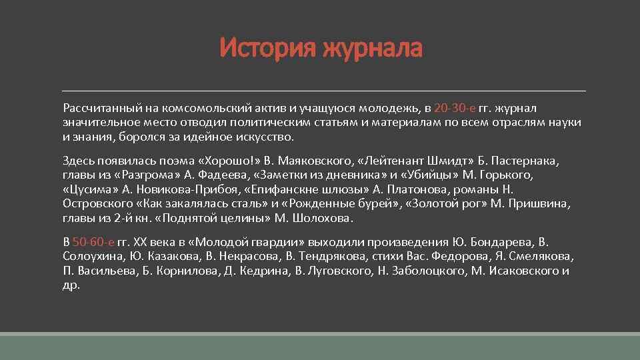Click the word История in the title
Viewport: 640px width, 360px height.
pos(268,48)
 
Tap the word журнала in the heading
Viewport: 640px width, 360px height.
pos(373,48)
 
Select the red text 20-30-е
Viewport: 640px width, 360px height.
pos(455,108)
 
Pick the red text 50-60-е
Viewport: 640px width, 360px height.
pos(93,241)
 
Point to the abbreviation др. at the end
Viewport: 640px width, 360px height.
pos(71,285)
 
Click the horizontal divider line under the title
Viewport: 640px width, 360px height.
pos(324,90)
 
